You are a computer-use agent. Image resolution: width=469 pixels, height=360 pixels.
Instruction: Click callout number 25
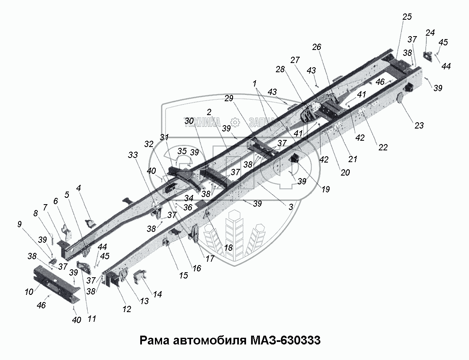coord(407,17)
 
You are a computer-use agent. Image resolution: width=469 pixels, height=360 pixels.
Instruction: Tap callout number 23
coord(419,125)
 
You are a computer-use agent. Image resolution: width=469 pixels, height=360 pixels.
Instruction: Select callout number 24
coord(430,33)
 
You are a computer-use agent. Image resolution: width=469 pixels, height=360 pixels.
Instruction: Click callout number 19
coord(325,189)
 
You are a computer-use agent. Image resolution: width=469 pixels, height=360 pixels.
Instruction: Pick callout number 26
coord(317,47)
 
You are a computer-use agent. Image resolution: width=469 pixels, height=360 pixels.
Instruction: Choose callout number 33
coord(133,155)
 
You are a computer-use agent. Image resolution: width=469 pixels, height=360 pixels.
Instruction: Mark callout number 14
coord(158,294)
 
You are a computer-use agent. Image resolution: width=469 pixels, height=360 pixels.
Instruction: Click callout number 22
coord(383,147)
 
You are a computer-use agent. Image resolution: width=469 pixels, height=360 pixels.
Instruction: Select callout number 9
coord(19,224)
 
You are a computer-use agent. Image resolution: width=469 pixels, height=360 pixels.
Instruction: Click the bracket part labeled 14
coord(140,278)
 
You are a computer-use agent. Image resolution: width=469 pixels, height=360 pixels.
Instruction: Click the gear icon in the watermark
coord(235,122)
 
